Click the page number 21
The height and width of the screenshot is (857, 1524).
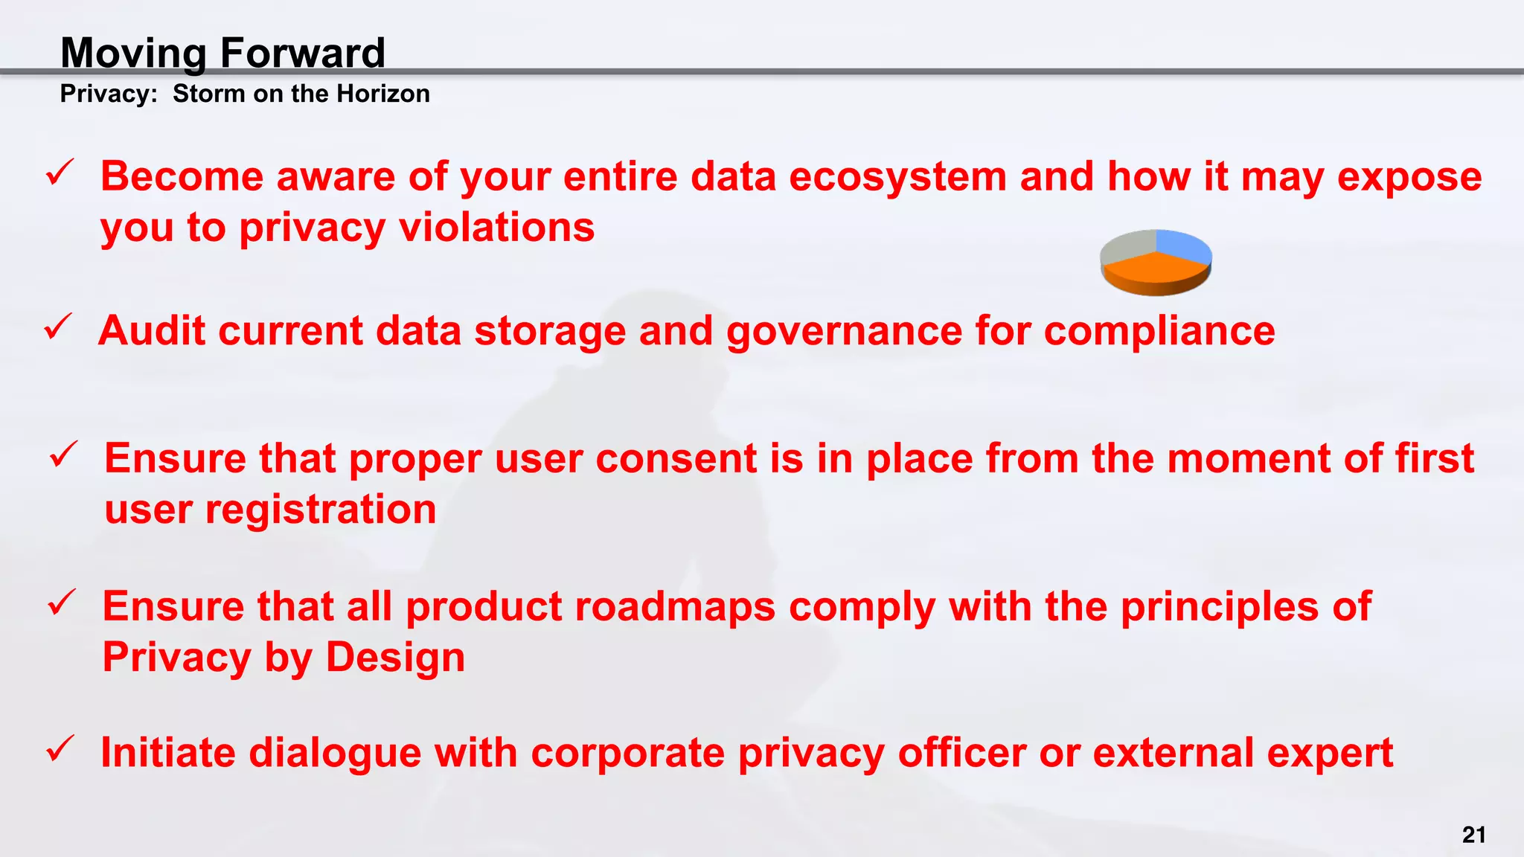pos(1473,835)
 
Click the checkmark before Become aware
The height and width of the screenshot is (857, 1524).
pos(59,174)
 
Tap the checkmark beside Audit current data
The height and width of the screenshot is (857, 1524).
pos(57,327)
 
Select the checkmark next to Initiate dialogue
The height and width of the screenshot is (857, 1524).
pos(59,749)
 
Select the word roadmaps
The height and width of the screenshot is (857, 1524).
pos(674,606)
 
